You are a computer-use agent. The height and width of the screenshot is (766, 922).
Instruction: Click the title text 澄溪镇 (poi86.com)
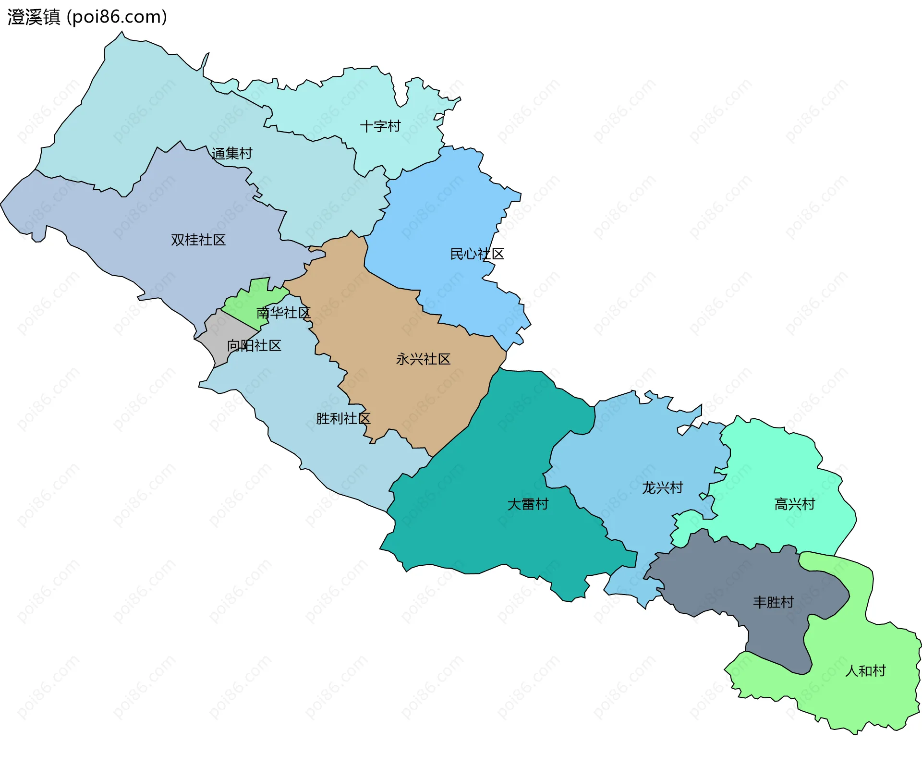[87, 17]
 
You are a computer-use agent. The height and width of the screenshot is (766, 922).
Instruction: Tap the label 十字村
[380, 126]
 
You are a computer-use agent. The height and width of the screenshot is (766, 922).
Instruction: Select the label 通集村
[232, 154]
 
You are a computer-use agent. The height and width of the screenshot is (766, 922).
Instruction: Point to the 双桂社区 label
[198, 240]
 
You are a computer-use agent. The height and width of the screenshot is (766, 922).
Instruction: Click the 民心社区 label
[477, 254]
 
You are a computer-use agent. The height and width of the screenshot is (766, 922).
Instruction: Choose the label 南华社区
[283, 313]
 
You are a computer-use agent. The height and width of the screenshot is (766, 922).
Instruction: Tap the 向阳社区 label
[254, 345]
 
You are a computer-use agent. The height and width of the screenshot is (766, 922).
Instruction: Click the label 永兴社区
[423, 359]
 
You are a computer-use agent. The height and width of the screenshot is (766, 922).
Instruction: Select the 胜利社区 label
[343, 418]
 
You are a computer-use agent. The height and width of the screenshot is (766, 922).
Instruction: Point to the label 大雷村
[528, 504]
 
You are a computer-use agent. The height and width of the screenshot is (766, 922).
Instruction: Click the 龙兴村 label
[663, 487]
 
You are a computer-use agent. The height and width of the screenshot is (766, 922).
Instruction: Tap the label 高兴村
[795, 504]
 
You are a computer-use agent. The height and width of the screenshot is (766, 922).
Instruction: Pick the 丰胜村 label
[773, 602]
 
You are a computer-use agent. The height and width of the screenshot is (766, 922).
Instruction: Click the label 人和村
[865, 670]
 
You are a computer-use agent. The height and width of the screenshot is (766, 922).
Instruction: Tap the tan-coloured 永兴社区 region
[408, 394]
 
